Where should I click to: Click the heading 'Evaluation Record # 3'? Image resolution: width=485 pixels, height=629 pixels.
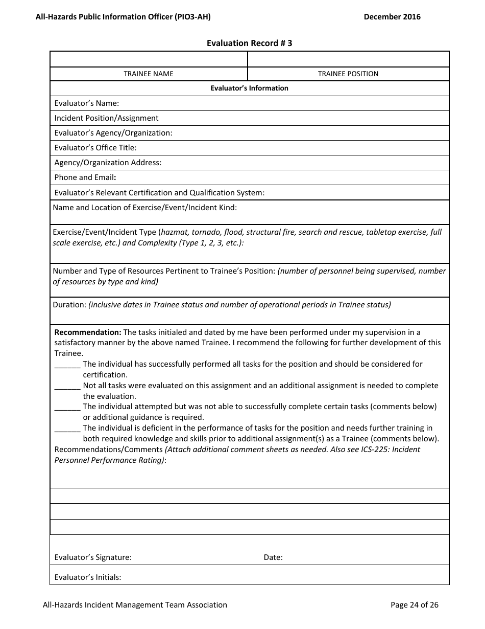(249, 43)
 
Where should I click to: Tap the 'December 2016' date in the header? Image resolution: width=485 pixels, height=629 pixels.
(392, 17)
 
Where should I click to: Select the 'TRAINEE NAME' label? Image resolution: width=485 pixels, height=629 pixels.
(149, 74)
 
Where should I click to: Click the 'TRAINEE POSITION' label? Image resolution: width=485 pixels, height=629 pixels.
(348, 74)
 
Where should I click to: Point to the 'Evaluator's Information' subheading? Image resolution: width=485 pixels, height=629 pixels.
(249, 88)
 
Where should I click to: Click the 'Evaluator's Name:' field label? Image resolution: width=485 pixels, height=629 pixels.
(86, 103)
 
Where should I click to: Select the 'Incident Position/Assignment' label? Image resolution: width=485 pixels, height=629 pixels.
(106, 118)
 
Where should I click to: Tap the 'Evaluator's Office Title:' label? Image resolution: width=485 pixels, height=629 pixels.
(95, 148)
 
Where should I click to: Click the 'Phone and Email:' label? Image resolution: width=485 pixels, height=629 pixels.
(85, 177)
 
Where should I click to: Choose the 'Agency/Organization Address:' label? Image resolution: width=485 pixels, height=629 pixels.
(108, 163)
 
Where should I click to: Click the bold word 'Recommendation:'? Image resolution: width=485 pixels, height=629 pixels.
(88, 332)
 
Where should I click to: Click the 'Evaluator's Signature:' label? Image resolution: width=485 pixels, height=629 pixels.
(93, 557)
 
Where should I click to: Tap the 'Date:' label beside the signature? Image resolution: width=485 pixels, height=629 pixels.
(273, 557)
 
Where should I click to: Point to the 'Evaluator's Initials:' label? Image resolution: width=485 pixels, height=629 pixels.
(88, 577)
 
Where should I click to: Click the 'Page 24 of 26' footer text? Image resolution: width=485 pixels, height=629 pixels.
(414, 605)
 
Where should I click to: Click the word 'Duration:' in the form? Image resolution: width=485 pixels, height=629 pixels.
(69, 305)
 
